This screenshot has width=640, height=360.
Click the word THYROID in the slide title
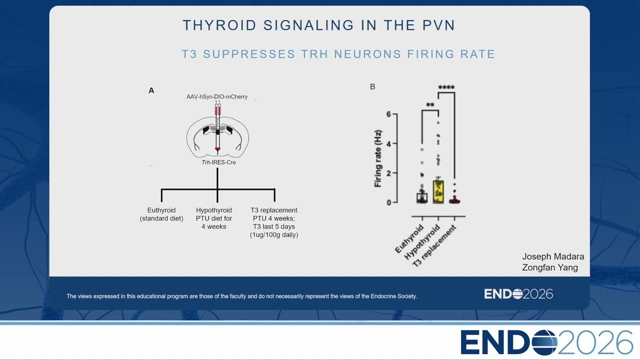(219, 25)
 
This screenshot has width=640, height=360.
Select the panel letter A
(151, 90)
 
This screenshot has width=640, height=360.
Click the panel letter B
(372, 86)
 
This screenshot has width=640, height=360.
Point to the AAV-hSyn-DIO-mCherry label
(217, 97)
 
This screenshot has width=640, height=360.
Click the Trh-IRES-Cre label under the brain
(218, 162)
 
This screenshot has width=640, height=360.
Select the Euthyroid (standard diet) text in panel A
(161, 214)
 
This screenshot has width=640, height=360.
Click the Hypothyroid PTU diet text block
(213, 218)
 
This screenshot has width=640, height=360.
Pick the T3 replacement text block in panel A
(274, 222)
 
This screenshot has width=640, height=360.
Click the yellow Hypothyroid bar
(438, 191)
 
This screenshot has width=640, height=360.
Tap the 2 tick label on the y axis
(388, 173)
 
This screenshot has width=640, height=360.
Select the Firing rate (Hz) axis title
(377, 158)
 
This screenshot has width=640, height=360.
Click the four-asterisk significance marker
(446, 87)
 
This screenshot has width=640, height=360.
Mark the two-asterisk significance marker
(430, 105)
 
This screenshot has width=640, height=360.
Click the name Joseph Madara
(553, 256)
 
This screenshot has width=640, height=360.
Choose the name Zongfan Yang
(550, 267)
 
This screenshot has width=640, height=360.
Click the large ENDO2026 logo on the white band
(546, 342)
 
